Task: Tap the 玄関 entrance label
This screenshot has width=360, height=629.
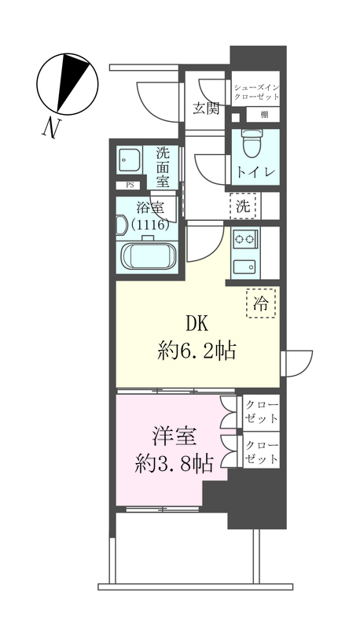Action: coord(206,108)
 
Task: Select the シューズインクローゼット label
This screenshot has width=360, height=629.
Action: coord(255,91)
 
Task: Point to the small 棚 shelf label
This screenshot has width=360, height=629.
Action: coord(264,115)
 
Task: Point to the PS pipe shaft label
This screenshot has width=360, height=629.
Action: coord(128,186)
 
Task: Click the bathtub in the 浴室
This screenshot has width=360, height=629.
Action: coord(149,256)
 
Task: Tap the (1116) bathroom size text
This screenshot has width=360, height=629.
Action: coord(151,225)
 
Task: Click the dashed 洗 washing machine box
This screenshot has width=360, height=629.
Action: coord(243,207)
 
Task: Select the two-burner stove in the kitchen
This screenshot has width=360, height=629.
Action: coord(244,240)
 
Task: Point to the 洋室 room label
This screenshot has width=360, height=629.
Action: coord(174,435)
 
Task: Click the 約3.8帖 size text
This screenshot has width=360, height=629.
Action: coord(174,463)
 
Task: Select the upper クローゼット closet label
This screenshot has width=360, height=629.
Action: coord(260,411)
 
